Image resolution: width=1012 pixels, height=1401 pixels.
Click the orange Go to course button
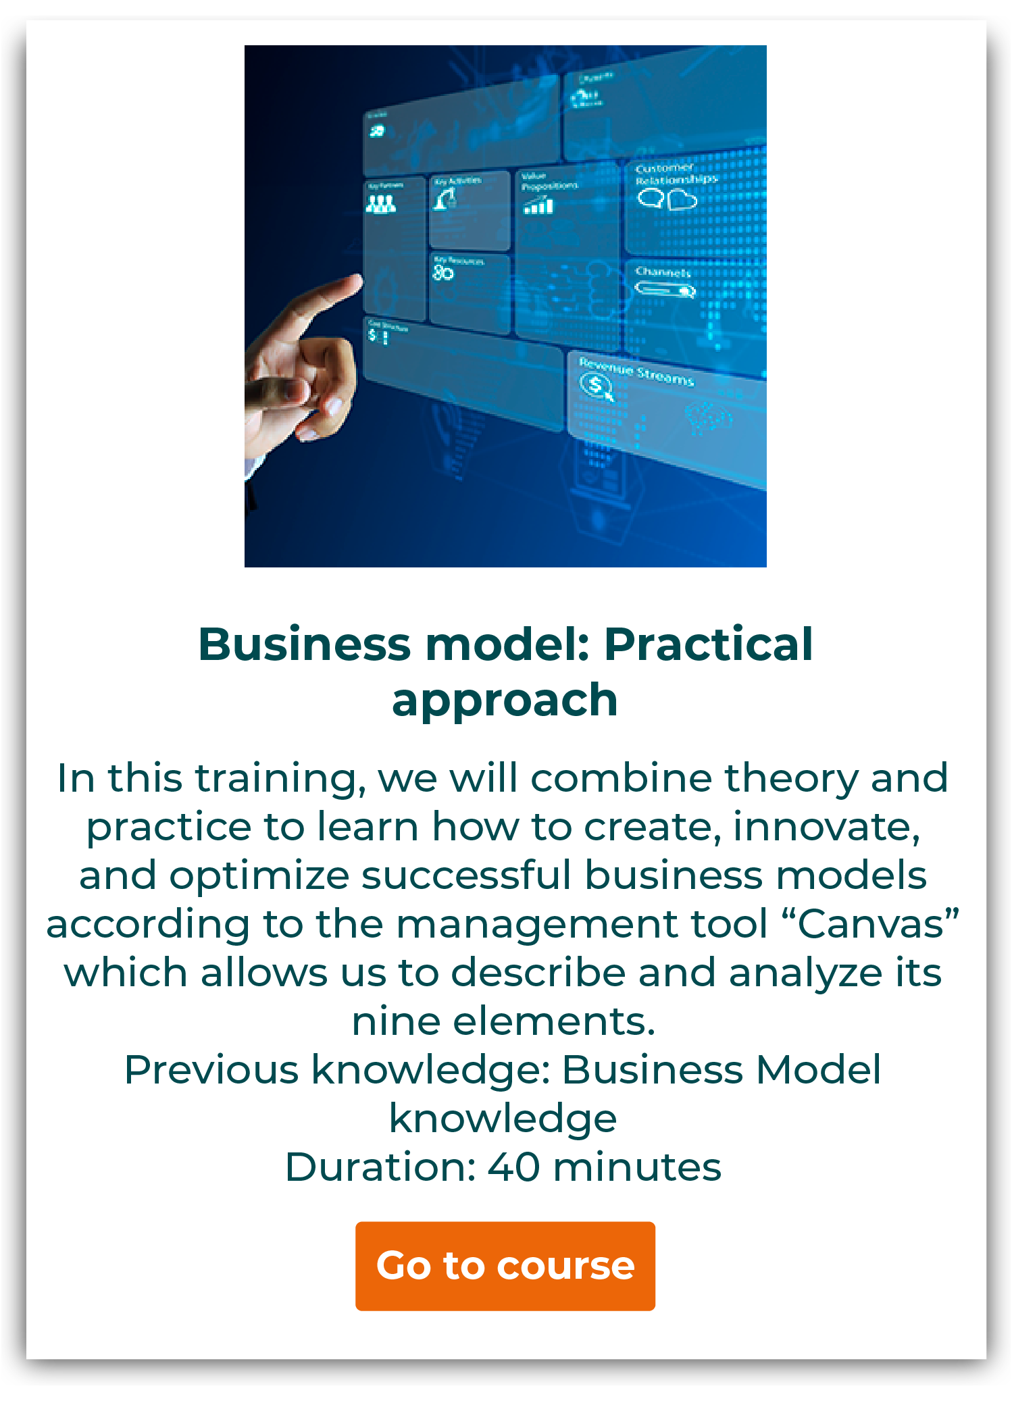[505, 1266]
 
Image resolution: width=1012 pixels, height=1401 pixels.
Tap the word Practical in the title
[708, 644]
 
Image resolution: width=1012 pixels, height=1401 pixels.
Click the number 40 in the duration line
[513, 1167]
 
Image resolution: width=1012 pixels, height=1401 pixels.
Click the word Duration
[378, 1167]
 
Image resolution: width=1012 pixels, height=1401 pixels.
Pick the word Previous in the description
[211, 1070]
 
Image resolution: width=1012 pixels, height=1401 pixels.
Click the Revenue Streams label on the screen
[636, 372]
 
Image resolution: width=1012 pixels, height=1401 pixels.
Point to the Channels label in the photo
[663, 272]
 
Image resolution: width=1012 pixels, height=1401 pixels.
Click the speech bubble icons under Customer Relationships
[667, 199]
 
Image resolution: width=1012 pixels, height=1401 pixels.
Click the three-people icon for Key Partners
[380, 203]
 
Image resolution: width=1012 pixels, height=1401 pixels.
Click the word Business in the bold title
[305, 644]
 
